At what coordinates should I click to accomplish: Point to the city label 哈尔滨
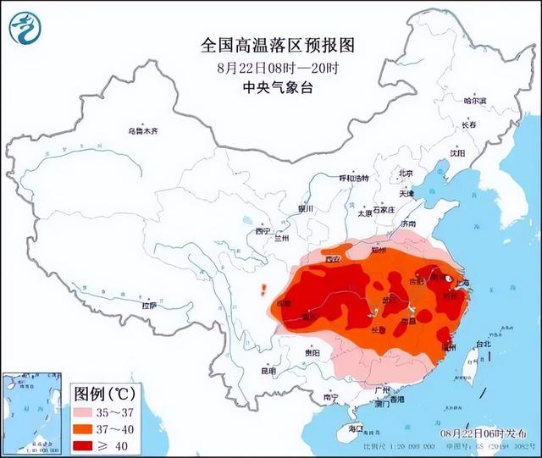475,101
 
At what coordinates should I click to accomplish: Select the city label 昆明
268,371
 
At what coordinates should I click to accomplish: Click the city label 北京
406,174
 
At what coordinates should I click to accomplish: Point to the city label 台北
482,345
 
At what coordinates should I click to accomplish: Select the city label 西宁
262,230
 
